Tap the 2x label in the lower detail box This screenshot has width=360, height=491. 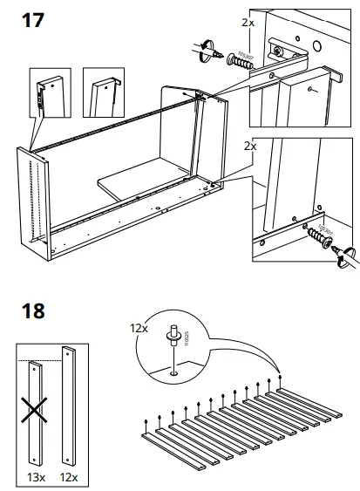(x=249, y=147)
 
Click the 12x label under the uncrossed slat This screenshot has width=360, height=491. (x=69, y=476)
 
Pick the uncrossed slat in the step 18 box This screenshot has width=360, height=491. (x=69, y=406)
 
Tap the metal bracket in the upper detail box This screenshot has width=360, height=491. (x=288, y=54)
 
